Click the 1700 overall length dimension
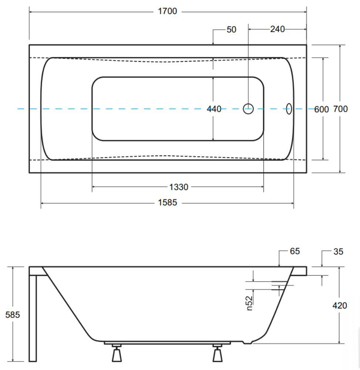point(167,11)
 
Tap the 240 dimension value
point(277,29)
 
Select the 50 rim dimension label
point(232,30)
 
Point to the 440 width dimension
point(214,109)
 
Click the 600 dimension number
point(322,110)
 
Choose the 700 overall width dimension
point(340,109)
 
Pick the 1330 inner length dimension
point(179,187)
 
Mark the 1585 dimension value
point(167,202)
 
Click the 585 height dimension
point(13,314)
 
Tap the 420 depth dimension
point(340,306)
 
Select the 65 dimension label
point(295,251)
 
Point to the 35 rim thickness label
point(338,252)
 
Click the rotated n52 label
point(249,303)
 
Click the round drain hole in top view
point(248,109)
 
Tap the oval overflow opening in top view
point(289,109)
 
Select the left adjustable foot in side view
point(117,353)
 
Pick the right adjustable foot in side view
point(217,353)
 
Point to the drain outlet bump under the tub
point(247,342)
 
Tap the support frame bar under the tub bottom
point(167,343)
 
